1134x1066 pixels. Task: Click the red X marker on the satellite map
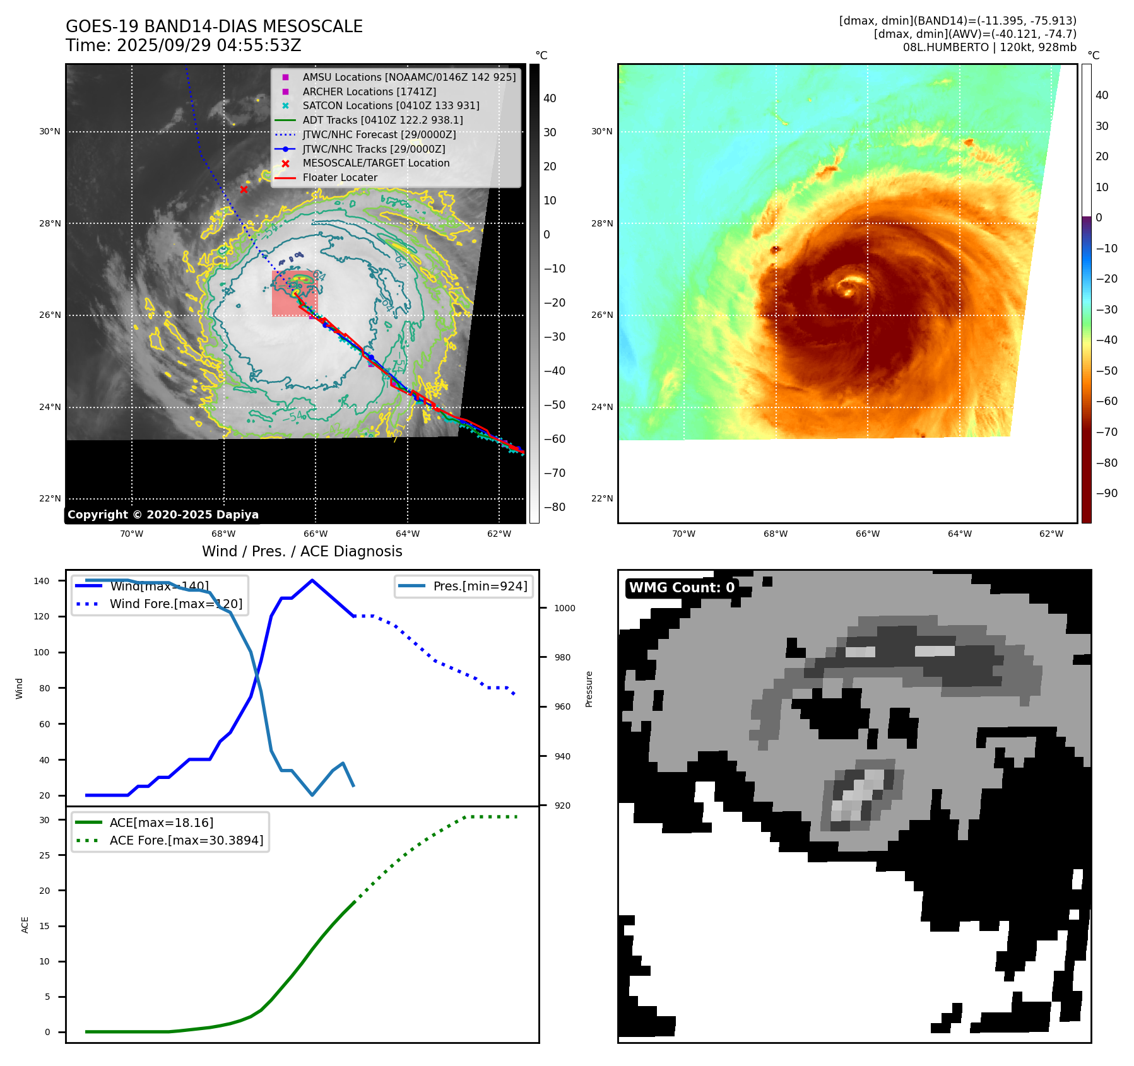click(244, 189)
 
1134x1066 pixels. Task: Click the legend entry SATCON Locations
click(391, 106)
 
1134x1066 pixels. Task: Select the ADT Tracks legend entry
click(382, 120)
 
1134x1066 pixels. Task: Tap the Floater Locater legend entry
click(340, 178)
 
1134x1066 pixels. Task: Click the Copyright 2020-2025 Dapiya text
click(163, 515)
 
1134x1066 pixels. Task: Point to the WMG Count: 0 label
click(682, 588)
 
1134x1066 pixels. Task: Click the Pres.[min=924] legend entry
click(480, 586)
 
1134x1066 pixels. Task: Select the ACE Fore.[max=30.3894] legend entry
click(186, 840)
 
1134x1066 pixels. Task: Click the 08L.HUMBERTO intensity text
click(989, 47)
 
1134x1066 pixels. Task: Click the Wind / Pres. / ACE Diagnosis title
click(302, 551)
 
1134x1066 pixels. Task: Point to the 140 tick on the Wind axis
click(42, 581)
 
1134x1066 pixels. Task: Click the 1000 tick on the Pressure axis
click(564, 608)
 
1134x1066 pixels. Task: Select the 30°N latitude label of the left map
click(50, 132)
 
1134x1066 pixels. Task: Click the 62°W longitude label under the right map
click(1051, 534)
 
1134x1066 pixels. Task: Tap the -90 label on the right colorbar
click(1106, 493)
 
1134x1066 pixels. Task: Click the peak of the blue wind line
click(312, 580)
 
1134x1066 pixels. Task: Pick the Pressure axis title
click(589, 689)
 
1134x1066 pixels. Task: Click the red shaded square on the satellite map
click(294, 293)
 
